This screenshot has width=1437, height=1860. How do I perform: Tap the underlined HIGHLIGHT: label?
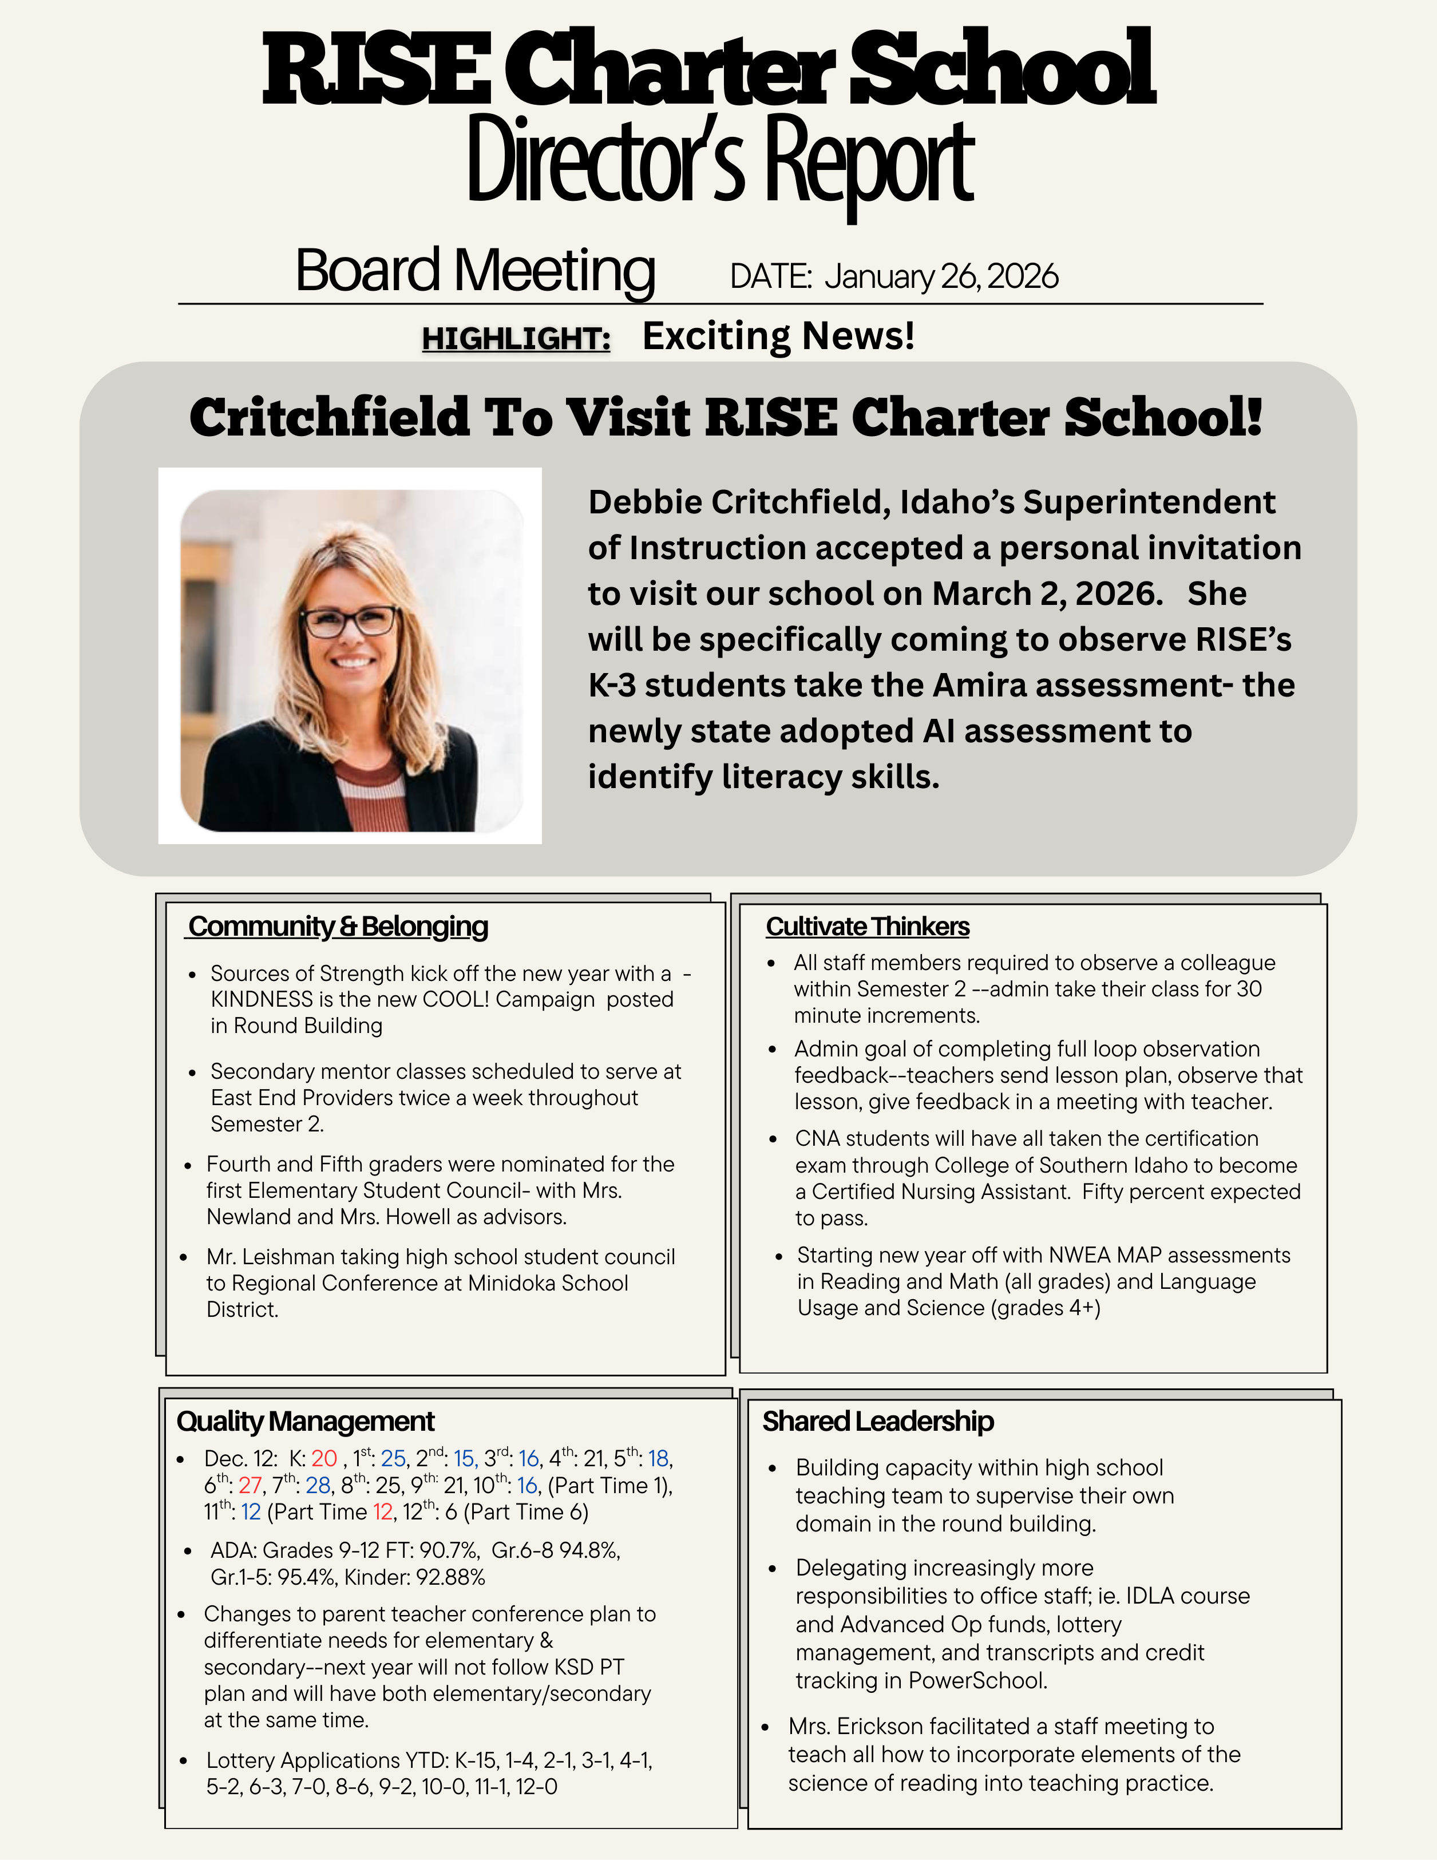(x=516, y=339)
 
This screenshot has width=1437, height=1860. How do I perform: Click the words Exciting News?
(x=778, y=335)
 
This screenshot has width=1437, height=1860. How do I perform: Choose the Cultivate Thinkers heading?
(x=867, y=927)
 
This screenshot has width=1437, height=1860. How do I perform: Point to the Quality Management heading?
(x=305, y=1422)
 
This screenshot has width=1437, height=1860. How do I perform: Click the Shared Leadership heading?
(x=877, y=1422)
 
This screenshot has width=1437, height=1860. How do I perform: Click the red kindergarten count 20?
(x=324, y=1459)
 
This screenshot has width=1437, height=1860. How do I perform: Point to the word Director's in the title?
(x=605, y=162)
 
